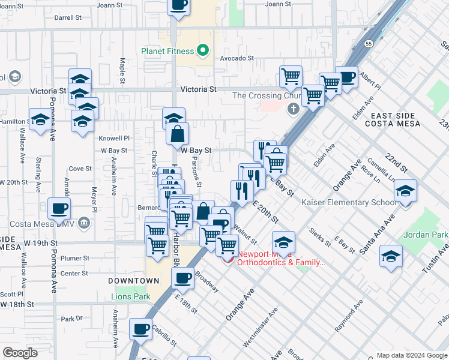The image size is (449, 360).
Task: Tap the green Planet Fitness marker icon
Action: coord(203,51)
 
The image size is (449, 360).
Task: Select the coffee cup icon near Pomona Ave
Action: coord(59,209)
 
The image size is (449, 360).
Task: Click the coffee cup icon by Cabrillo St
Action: coord(140,329)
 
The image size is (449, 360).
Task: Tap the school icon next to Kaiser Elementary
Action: coord(406,191)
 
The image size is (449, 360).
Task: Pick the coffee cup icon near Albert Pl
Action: coord(346,77)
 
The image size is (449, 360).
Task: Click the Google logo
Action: coord(20,353)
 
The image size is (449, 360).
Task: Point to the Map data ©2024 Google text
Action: coord(412,355)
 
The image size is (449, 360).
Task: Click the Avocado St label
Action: coord(237,58)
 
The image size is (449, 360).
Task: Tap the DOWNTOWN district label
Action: coord(134,281)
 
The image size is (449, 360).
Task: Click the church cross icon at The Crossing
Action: coord(293,109)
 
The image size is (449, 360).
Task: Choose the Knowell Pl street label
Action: coord(114,138)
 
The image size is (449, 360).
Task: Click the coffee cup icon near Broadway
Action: coord(182,278)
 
